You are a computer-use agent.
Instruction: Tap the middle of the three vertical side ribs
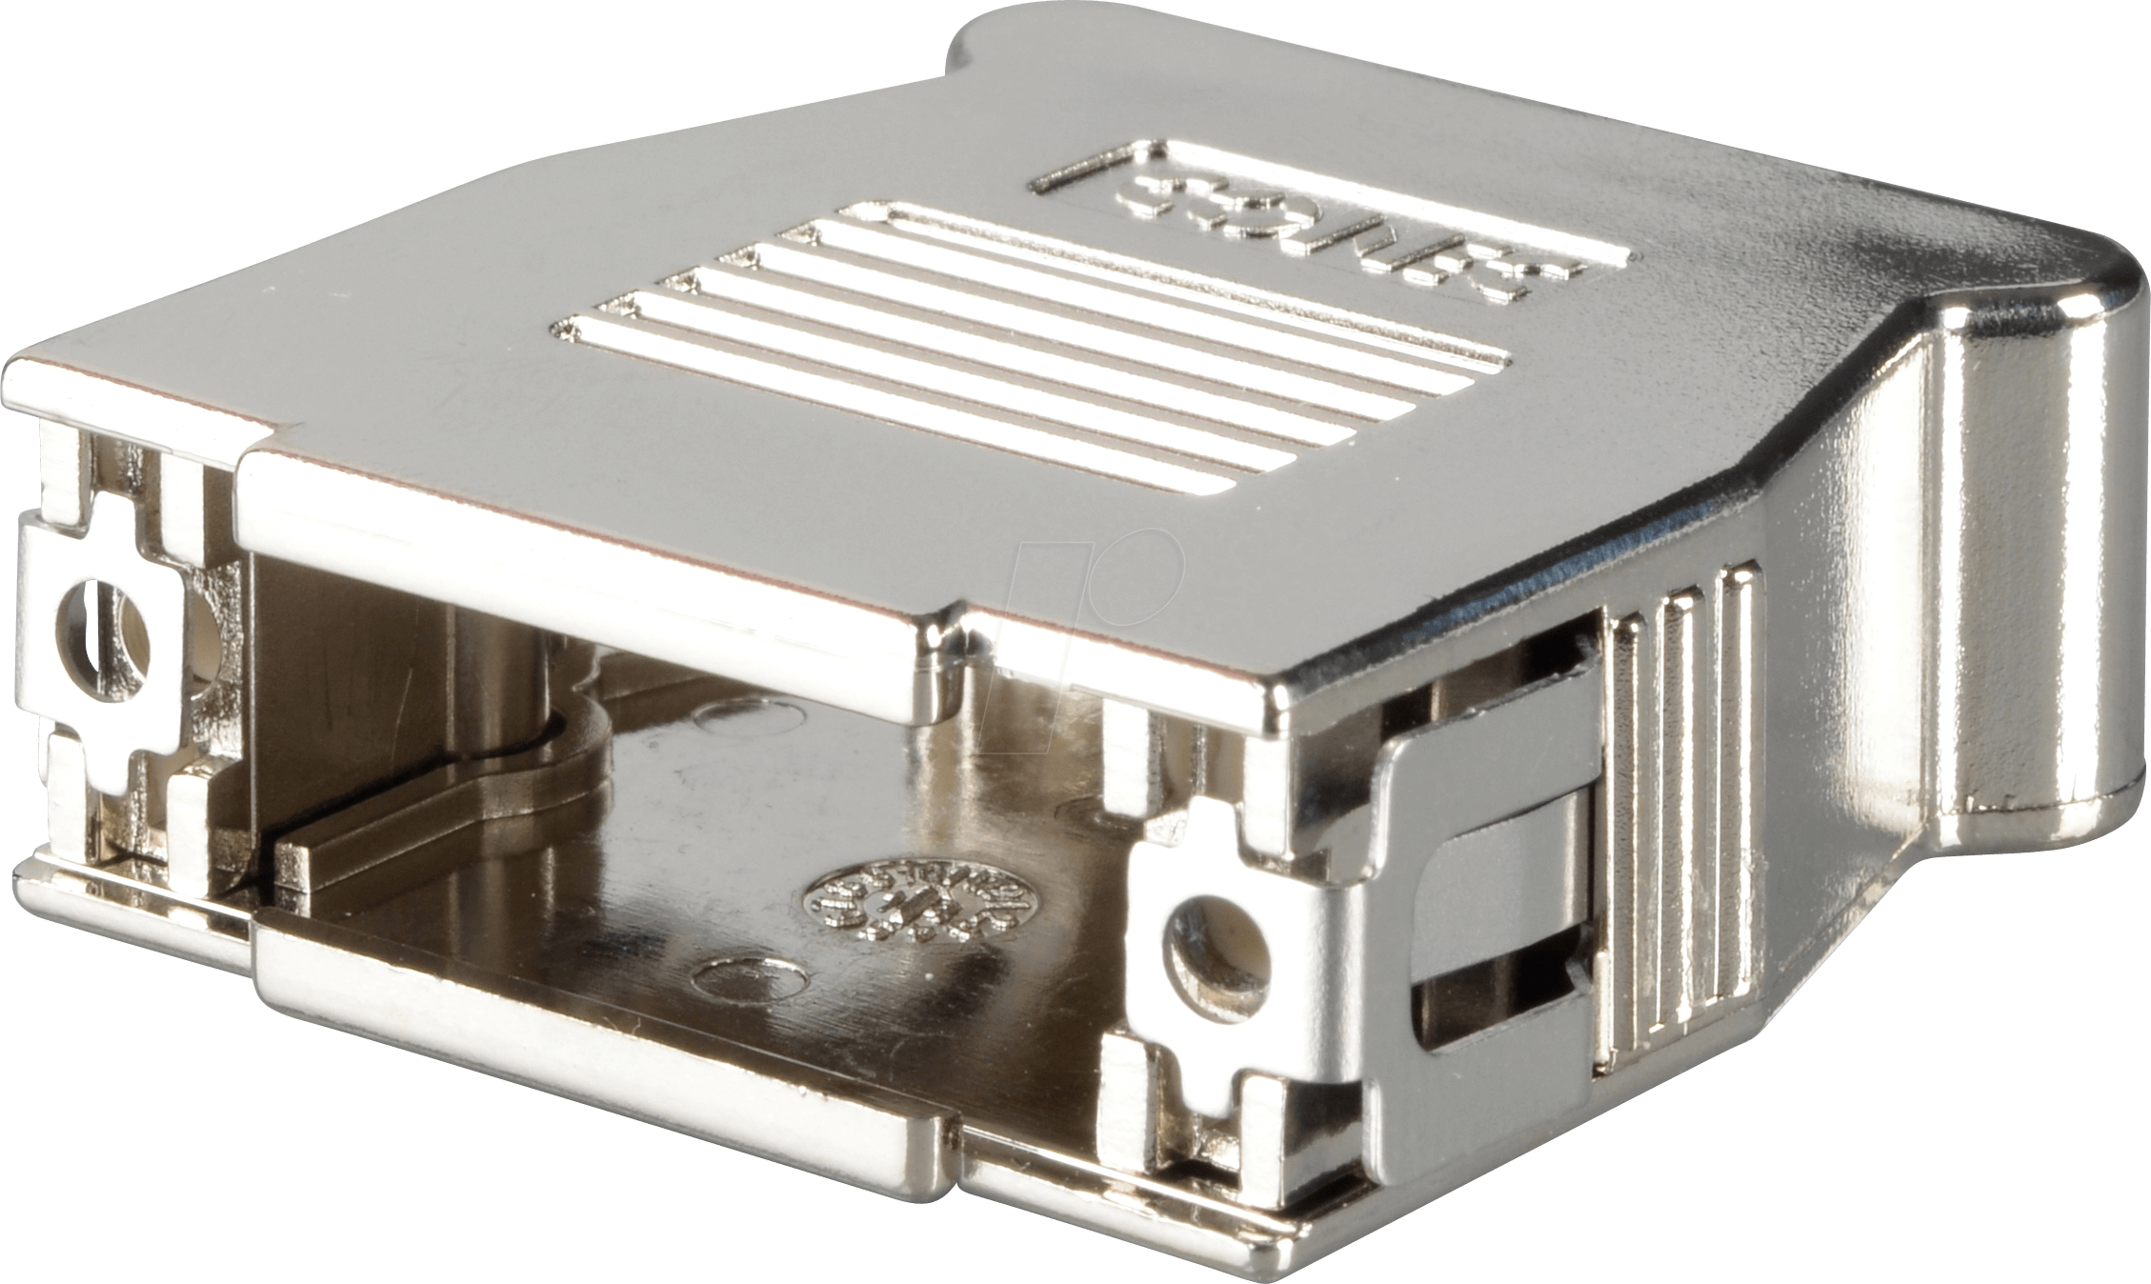pyautogui.click(x=1682, y=829)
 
